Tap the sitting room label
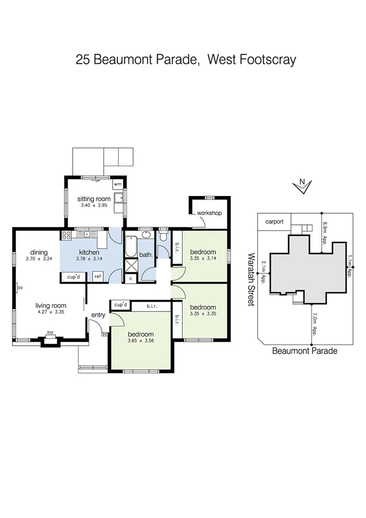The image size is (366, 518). [93, 199]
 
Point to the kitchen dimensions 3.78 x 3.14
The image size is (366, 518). [89, 259]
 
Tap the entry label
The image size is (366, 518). [98, 315]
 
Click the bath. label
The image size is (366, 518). [146, 255]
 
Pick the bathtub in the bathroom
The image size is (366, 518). [131, 247]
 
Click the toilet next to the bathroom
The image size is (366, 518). [163, 237]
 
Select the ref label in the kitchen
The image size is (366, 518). [97, 277]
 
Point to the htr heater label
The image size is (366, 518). [51, 334]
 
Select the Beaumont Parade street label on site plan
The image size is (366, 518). [305, 351]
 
